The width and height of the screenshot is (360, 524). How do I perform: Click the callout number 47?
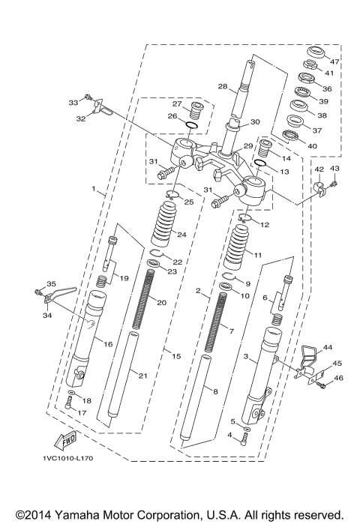[335, 61]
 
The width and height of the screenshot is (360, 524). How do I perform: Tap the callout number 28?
[222, 87]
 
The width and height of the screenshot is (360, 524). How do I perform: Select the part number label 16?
[108, 343]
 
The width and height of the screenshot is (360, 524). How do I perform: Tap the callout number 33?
[73, 102]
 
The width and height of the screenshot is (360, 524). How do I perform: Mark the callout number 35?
[51, 283]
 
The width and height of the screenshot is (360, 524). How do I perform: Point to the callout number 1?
[94, 191]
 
